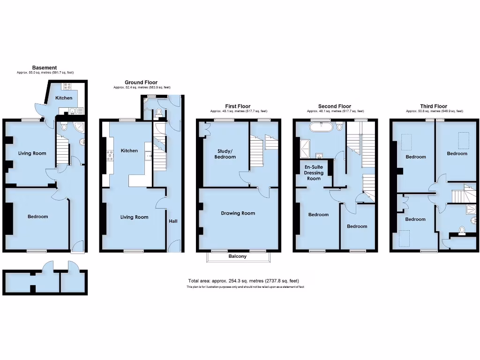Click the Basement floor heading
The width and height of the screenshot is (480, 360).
(x=45, y=68)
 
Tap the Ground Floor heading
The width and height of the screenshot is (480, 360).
(x=141, y=82)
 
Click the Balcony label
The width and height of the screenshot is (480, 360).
(x=238, y=256)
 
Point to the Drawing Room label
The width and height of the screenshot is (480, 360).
(x=238, y=213)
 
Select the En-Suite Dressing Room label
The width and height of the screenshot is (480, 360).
(x=314, y=172)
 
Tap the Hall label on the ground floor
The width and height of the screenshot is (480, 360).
(x=173, y=221)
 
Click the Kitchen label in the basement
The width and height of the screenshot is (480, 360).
(x=64, y=98)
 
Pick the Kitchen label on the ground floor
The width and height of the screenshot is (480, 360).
(x=129, y=150)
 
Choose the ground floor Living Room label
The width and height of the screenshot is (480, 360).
(x=134, y=217)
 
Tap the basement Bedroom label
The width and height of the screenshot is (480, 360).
(x=37, y=217)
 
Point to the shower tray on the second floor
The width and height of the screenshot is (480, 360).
(x=305, y=148)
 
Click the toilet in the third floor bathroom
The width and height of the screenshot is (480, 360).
(x=463, y=230)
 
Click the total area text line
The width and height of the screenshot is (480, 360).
(x=243, y=281)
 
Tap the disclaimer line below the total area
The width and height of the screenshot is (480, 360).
(x=245, y=286)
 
